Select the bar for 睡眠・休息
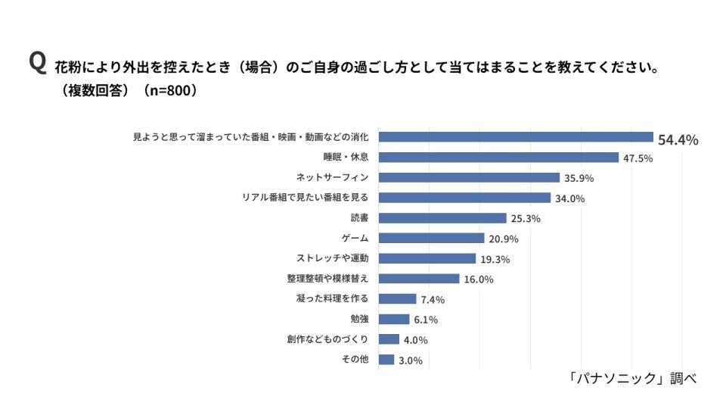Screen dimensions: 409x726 (498, 158)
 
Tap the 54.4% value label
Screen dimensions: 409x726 (678, 140)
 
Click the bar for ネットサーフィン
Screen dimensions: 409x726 (469, 178)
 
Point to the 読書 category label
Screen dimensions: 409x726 (359, 218)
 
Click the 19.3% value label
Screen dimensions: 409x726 (495, 259)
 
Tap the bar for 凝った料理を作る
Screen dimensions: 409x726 (397, 299)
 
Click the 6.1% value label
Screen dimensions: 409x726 (426, 320)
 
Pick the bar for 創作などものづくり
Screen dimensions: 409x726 (389, 339)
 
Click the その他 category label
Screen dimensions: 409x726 (355, 360)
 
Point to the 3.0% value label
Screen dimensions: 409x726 (410, 361)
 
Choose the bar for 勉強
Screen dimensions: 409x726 (394, 319)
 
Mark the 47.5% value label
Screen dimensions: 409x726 (638, 158)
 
